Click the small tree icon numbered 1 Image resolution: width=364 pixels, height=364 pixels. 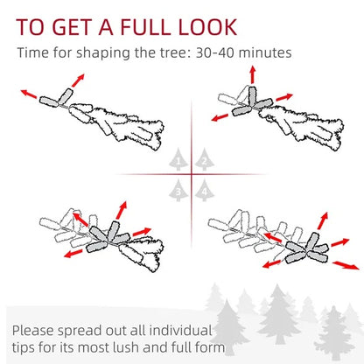click(x=178, y=160)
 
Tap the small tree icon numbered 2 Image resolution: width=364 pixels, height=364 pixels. click(x=204, y=160)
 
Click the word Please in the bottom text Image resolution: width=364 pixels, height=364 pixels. click(x=38, y=332)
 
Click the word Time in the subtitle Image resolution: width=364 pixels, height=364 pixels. click(x=34, y=52)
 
